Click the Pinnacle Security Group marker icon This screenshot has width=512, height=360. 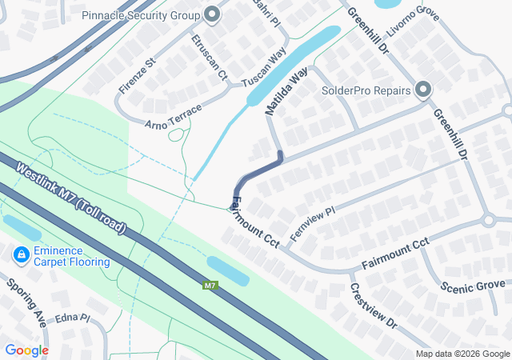[x=212, y=14]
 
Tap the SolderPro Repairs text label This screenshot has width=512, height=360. [x=366, y=90]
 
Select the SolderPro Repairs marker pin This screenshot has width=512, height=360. [x=422, y=90]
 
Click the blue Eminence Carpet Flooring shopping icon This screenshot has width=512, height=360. [x=20, y=255]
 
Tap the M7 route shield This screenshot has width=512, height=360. [x=210, y=286]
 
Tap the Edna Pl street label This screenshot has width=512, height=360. [x=72, y=318]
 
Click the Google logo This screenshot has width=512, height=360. [x=26, y=350]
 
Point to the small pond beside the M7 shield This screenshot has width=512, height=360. [x=227, y=270]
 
